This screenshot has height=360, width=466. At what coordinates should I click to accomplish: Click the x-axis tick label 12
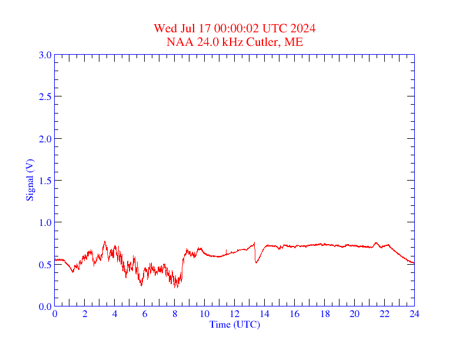click(235, 314)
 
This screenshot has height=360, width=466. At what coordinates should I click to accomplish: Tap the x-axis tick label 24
click(414, 314)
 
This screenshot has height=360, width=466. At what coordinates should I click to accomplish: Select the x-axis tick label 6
click(145, 314)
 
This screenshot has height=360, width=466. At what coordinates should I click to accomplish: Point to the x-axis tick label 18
click(325, 314)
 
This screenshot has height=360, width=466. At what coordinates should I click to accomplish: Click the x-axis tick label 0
click(55, 314)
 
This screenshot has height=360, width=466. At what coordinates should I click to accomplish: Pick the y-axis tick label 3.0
click(45, 55)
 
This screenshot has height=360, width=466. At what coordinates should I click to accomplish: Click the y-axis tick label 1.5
click(45, 181)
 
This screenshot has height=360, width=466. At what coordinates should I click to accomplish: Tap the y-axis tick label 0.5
click(45, 265)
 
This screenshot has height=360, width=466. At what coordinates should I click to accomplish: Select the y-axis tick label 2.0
click(45, 139)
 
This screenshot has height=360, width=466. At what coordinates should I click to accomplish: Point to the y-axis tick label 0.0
click(45, 306)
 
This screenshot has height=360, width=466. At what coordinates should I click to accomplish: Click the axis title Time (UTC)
click(235, 324)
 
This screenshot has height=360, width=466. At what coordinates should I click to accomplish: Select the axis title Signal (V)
click(30, 180)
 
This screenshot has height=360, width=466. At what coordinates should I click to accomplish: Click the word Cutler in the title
click(261, 42)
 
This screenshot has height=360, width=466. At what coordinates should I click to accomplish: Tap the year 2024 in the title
click(302, 28)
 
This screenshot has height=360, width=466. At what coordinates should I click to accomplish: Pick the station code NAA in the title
click(178, 42)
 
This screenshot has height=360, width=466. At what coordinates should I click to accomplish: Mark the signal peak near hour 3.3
click(105, 241)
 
